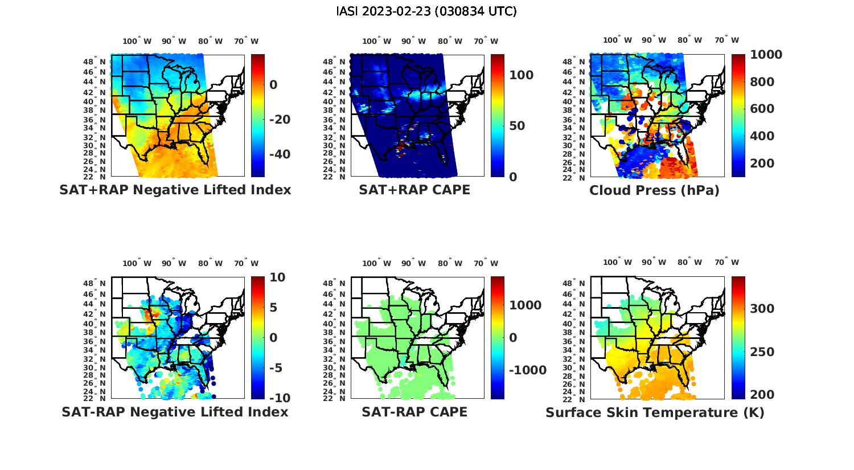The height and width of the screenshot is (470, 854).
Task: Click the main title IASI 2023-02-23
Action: (x=426, y=11)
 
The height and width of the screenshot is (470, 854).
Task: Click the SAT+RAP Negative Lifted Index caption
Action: (x=175, y=190)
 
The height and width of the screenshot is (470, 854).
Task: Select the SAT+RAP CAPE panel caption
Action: (x=414, y=190)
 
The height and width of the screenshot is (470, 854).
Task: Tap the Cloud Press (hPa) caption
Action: (x=654, y=190)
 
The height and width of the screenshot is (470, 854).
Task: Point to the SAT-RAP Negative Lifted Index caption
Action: (x=175, y=412)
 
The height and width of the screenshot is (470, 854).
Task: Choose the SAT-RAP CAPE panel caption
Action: (x=414, y=412)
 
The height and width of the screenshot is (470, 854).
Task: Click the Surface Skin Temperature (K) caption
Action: (x=655, y=412)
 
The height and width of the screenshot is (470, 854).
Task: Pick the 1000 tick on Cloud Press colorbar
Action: (x=766, y=55)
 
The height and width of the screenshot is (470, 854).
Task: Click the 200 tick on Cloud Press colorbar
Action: (x=762, y=164)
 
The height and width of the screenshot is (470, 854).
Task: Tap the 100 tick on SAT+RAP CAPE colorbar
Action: (x=521, y=75)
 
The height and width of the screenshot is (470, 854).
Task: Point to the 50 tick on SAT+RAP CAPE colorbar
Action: (x=517, y=126)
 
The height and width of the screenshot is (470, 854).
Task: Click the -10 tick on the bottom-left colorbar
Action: (x=279, y=398)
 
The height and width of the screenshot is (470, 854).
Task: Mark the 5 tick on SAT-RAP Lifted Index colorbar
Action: (x=273, y=308)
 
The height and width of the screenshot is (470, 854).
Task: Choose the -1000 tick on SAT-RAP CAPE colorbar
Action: (x=527, y=370)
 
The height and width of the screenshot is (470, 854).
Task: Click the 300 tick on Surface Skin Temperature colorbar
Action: (x=762, y=309)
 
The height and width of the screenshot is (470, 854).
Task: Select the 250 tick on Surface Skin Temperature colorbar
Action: (x=762, y=352)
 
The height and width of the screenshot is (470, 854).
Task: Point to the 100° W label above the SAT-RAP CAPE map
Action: (x=376, y=263)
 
